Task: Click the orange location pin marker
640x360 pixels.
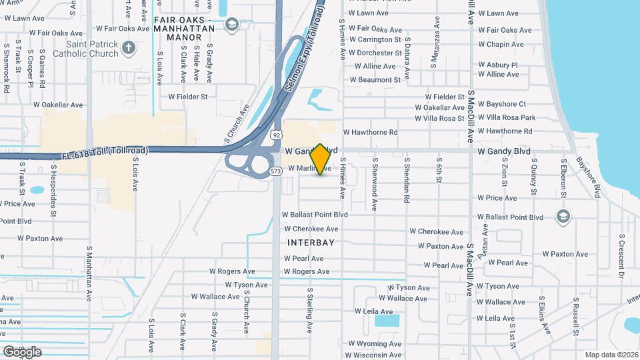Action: coord(320,159)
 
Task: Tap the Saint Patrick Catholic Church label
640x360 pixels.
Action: coord(85,49)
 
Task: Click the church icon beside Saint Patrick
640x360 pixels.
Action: coord(129,48)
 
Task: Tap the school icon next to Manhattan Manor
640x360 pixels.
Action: coord(231,25)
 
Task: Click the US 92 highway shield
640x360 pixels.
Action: coord(276,135)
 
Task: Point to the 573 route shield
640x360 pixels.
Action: coord(276,171)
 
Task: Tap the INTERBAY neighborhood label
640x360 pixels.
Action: coord(311,243)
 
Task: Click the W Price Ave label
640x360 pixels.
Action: coord(497,198)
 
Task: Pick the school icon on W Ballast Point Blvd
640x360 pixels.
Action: coord(563,217)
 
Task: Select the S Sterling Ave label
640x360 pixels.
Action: coord(310,309)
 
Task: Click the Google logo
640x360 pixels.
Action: coord(22,351)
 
